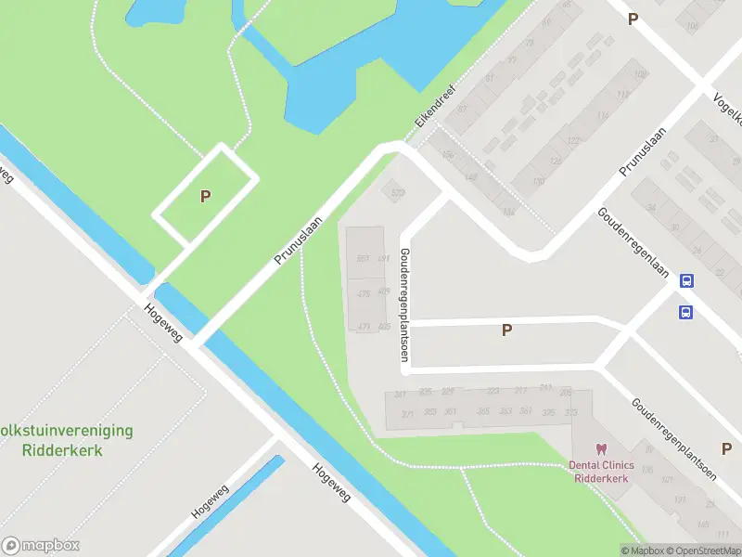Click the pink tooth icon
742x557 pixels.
tap(600, 449)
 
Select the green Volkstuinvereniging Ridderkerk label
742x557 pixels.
tap(65, 440)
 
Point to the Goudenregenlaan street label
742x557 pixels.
tap(635, 229)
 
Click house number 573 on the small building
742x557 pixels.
tap(399, 193)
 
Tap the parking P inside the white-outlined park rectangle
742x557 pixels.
tap(206, 196)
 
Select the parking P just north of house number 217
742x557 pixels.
tap(506, 330)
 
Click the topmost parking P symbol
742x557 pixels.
tap(633, 19)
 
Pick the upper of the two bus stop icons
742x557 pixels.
tap(686, 281)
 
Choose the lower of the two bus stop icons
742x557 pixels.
tap(685, 312)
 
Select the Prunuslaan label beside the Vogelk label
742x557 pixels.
tap(645, 149)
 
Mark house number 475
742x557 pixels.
tap(364, 293)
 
